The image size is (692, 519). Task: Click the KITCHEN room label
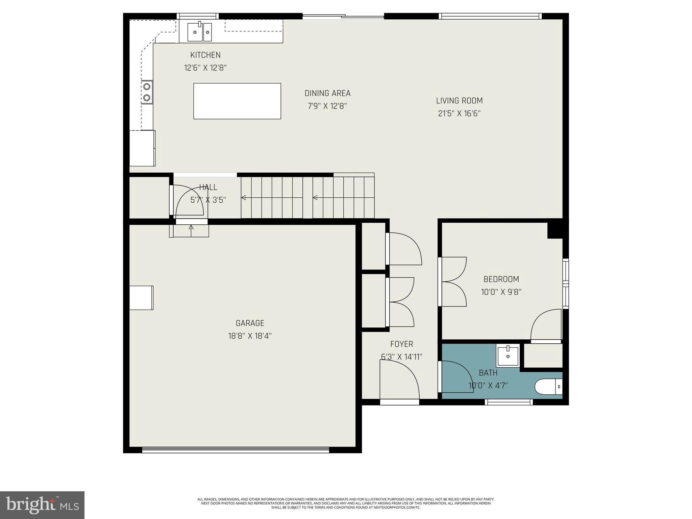205,55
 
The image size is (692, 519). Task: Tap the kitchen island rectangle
237,101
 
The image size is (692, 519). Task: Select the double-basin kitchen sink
200,32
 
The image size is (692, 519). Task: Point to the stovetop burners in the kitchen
147,92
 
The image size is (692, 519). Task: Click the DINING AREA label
327,93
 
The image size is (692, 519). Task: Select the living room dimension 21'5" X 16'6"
459,114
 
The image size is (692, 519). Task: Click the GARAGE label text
250,323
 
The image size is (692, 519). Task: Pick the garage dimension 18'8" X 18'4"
250,336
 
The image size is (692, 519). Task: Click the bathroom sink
508,356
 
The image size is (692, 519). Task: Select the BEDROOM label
501,279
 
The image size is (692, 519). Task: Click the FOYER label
401,344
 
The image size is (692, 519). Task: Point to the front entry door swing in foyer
399,380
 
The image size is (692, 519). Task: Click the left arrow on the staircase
243,198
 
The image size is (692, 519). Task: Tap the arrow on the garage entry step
191,227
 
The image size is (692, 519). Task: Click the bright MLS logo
42,505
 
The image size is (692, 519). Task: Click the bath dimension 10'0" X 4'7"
488,386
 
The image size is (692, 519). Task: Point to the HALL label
208,187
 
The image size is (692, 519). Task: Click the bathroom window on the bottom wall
509,402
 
